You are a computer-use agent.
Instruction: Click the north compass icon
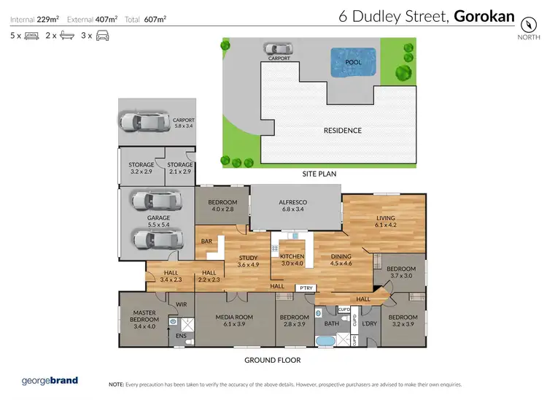point(524,20)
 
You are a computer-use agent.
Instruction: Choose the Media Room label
point(233,321)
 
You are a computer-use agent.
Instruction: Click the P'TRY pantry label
point(306,288)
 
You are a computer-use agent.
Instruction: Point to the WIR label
point(182,304)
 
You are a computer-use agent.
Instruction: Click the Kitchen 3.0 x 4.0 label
point(292,259)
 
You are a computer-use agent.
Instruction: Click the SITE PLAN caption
point(318,175)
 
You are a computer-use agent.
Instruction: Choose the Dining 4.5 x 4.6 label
point(341,260)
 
